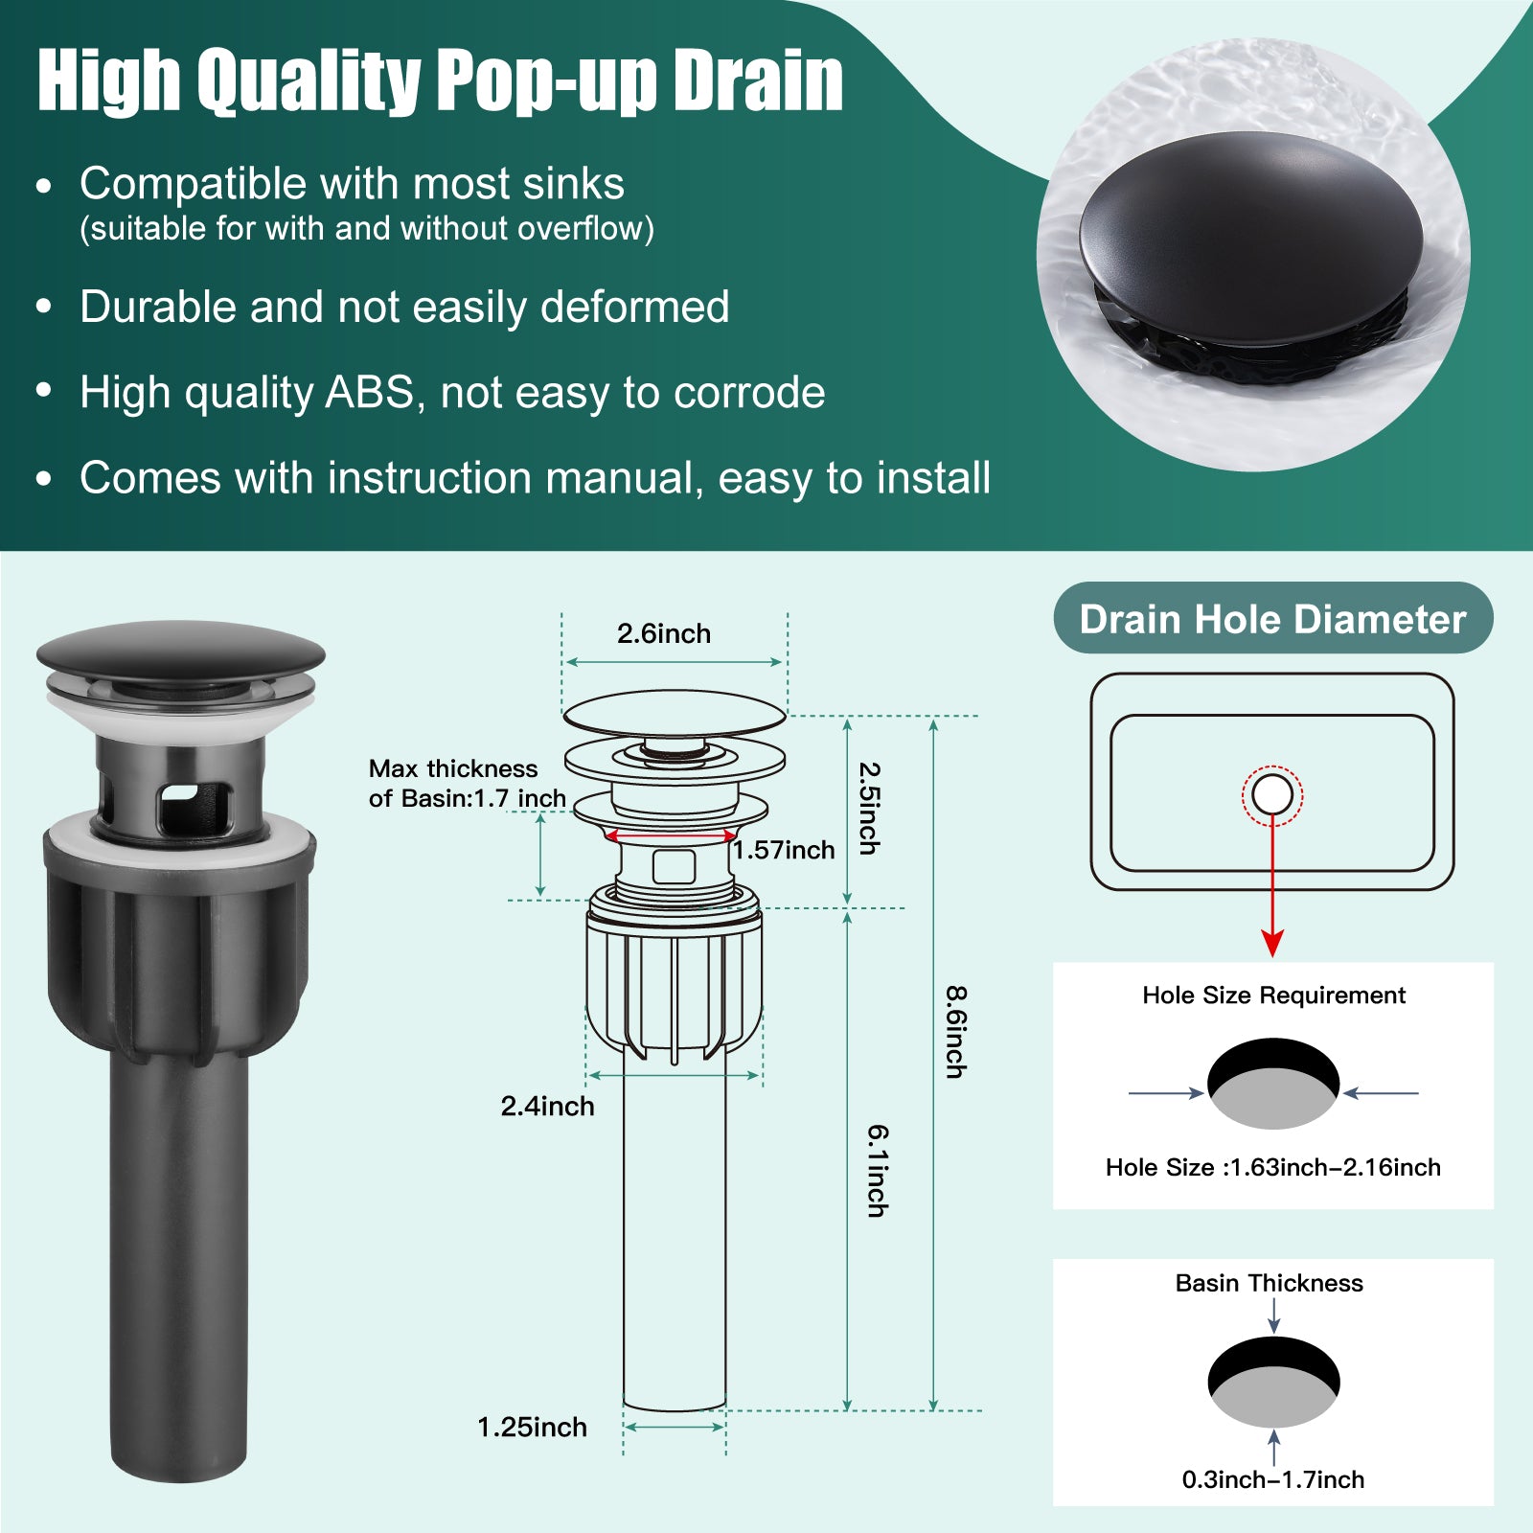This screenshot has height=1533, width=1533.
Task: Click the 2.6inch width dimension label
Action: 664,633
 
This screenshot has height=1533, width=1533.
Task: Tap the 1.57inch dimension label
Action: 784,850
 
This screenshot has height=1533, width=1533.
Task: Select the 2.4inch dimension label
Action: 547,1106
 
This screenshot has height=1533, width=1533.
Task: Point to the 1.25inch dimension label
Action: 532,1427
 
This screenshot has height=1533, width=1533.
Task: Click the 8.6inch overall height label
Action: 955,1032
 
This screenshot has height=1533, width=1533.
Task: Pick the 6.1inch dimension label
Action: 878,1170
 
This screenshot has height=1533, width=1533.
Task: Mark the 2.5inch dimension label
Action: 868,808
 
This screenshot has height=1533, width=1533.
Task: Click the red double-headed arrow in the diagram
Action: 671,836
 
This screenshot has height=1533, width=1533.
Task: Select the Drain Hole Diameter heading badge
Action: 1273,618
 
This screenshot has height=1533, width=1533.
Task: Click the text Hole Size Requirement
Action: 1273,995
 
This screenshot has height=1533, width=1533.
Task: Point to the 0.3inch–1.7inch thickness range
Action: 1273,1479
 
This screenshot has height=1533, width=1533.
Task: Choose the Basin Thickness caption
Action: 1269,1283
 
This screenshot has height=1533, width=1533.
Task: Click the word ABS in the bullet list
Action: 371,392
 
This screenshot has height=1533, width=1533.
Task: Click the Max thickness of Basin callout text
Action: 468,783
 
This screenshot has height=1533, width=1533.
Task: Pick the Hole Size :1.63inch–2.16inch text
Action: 1273,1167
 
